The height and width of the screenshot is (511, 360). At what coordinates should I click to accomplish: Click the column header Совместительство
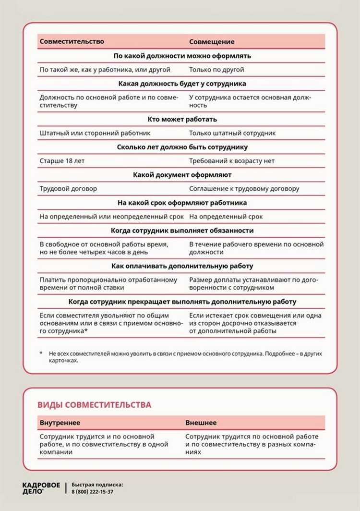72,42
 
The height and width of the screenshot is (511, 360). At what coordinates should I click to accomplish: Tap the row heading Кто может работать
181,119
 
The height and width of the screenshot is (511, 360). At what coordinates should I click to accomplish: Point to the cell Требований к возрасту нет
232,161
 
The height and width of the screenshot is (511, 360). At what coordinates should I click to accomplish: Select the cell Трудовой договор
68,189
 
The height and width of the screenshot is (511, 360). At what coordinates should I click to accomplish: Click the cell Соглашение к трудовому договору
244,189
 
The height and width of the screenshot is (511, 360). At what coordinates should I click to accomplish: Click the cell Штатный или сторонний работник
95,133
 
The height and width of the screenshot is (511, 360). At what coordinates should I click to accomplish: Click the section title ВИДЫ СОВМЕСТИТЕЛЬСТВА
94,405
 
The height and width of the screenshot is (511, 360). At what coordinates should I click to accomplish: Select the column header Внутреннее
60,423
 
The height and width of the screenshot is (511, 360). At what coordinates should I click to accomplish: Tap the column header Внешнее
201,423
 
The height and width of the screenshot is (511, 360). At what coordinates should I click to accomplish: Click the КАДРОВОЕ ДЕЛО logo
41,488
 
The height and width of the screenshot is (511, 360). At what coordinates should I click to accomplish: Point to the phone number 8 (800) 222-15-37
93,492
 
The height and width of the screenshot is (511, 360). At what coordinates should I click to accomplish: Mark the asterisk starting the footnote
41,353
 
